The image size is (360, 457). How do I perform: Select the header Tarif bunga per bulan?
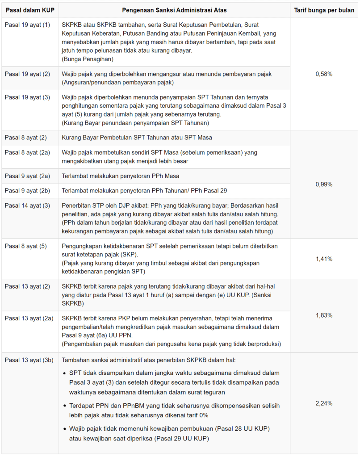click(x=324, y=10)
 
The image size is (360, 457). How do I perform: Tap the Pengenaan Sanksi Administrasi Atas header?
click(x=174, y=10)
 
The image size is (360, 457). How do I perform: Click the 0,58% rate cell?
click(x=324, y=74)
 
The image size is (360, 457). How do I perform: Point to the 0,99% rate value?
click(x=324, y=184)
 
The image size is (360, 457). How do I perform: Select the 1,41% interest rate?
click(x=324, y=259)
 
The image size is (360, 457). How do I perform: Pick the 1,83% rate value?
click(x=324, y=315)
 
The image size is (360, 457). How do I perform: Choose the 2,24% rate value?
click(x=324, y=403)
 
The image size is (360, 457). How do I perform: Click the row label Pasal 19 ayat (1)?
click(x=27, y=25)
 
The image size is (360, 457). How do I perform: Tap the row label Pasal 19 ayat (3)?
click(x=27, y=97)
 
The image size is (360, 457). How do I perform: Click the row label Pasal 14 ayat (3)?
click(x=27, y=205)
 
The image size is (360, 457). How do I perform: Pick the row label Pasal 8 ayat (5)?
click(x=25, y=246)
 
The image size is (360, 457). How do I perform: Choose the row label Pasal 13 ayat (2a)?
click(x=29, y=318)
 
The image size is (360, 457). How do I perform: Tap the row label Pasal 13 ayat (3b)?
click(x=29, y=360)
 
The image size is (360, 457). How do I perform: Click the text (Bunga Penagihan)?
click(x=88, y=59)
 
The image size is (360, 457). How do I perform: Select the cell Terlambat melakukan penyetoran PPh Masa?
click(x=121, y=176)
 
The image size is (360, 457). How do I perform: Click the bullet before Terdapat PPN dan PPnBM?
click(x=64, y=406)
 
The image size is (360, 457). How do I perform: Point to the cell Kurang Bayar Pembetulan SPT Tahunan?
click(x=137, y=138)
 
